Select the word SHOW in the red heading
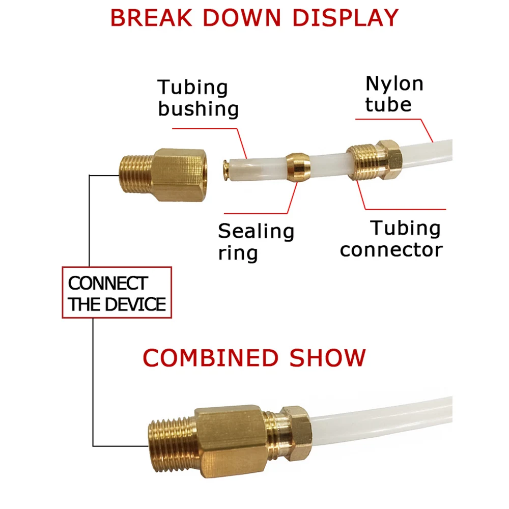pyautogui.click(x=328, y=358)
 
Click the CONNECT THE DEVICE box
pyautogui.click(x=117, y=293)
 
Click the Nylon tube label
pyautogui.click(x=394, y=94)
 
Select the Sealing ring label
pyautogui.click(x=256, y=241)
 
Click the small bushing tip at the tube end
pyautogui.click(x=227, y=164)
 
